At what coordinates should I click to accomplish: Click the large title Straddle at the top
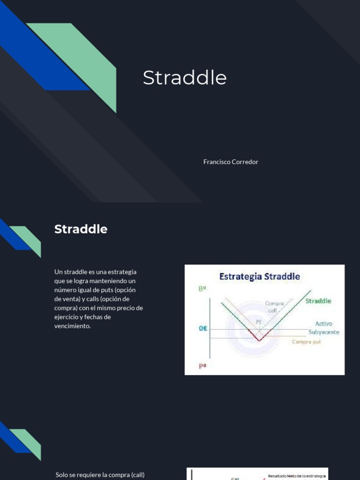click(x=184, y=78)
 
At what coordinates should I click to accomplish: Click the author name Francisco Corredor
click(x=231, y=162)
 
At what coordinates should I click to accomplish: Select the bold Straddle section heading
click(x=81, y=229)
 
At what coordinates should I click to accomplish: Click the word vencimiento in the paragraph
click(x=72, y=326)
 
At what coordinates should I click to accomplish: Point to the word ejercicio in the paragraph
click(x=68, y=317)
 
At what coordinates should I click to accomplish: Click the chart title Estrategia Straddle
click(x=260, y=276)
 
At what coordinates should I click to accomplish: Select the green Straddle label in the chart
click(x=318, y=301)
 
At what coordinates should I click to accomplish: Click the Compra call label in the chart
click(x=275, y=307)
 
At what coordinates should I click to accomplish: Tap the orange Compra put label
click(x=307, y=342)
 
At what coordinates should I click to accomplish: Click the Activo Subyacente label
click(x=323, y=328)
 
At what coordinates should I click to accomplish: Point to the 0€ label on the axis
click(x=202, y=329)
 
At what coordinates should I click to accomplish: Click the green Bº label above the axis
click(x=202, y=290)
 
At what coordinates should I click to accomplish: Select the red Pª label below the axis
click(x=202, y=366)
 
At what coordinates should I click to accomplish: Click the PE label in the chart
click(x=259, y=322)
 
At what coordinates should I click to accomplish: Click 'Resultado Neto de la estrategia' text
click(x=297, y=476)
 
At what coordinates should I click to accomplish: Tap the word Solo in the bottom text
click(x=62, y=475)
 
